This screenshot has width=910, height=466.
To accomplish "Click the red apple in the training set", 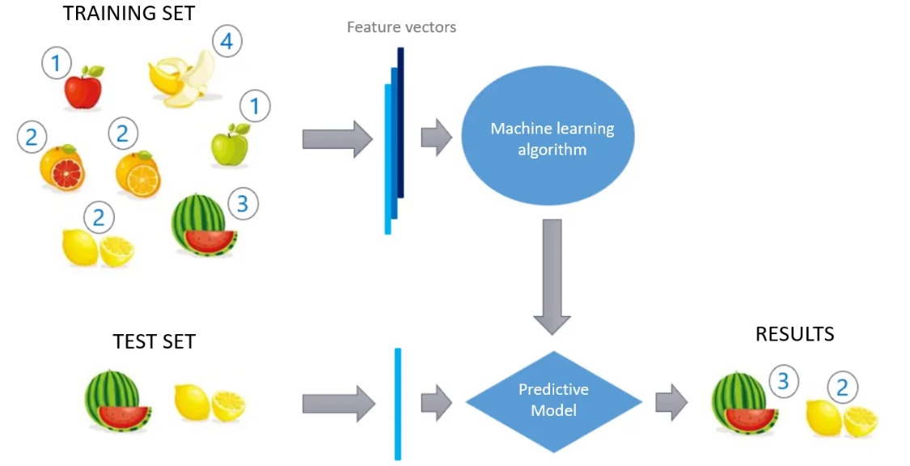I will (83, 88).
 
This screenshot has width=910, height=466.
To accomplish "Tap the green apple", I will (229, 146).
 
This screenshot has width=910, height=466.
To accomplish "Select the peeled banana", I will (181, 79).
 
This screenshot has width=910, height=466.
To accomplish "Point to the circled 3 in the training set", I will (242, 204).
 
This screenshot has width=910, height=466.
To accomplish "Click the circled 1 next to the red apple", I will (57, 62).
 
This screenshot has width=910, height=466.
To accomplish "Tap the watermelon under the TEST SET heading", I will (114, 399).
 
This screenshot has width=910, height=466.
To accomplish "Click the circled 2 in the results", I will (842, 388).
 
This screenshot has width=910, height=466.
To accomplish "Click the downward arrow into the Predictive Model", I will (553, 275).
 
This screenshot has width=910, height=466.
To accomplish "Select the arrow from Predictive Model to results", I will (671, 401).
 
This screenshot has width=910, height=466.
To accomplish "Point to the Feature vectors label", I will (401, 28).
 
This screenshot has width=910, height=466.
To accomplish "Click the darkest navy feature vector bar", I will (400, 121).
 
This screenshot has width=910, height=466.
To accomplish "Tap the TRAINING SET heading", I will (129, 13).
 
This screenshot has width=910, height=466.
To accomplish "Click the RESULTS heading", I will (794, 333).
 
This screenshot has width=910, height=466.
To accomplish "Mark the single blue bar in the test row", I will (397, 403).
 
